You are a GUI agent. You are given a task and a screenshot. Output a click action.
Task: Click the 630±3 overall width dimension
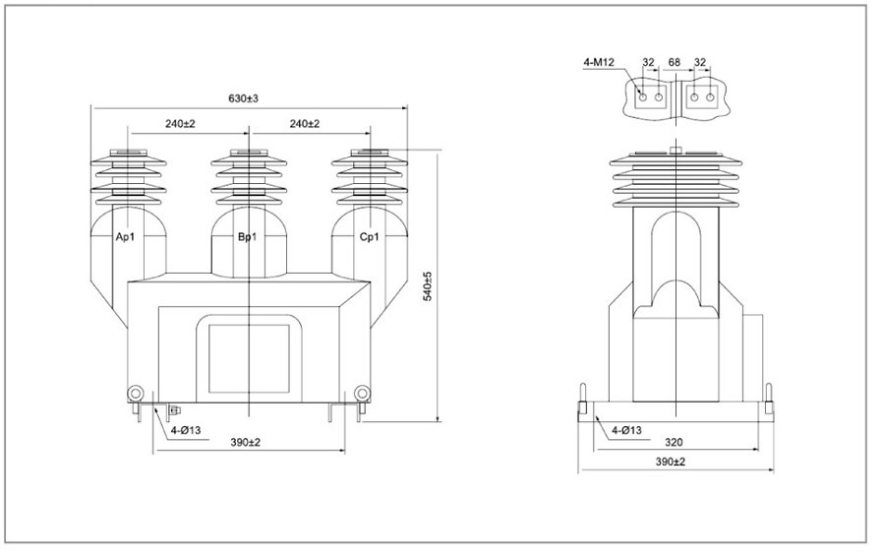tap(243, 98)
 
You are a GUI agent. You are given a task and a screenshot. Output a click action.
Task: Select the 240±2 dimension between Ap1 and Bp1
tap(180, 124)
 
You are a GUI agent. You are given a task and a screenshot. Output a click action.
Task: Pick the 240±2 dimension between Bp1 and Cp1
tap(305, 124)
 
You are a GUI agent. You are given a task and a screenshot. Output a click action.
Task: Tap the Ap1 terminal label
tap(125, 237)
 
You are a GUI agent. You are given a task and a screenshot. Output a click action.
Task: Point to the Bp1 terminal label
tap(247, 237)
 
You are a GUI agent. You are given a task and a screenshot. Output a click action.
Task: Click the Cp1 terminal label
tap(369, 237)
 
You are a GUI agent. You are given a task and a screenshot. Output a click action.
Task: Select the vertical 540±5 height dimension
tap(428, 287)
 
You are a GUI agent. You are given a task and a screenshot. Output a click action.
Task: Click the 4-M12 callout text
tap(599, 62)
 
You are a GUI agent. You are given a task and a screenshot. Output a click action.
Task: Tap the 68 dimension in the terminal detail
tap(675, 62)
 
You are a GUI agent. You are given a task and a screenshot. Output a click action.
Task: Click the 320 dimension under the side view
tap(674, 442)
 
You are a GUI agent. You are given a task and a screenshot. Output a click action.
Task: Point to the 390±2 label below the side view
tap(671, 462)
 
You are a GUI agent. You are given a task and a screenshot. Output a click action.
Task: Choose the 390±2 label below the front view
tap(246, 442)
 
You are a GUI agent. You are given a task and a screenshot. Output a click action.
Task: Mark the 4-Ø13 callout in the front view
tap(186, 430)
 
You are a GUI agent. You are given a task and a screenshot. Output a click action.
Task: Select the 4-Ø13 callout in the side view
tap(626, 430)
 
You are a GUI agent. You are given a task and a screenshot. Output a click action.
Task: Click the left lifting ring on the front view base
tap(136, 394)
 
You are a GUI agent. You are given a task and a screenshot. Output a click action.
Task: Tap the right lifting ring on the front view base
tap(363, 394)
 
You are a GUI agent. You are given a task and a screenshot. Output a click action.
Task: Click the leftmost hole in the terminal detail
tap(643, 97)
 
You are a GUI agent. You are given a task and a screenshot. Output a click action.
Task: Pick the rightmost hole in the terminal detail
tap(710, 97)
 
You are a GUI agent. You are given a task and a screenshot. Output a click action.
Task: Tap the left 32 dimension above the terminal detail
tap(648, 62)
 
